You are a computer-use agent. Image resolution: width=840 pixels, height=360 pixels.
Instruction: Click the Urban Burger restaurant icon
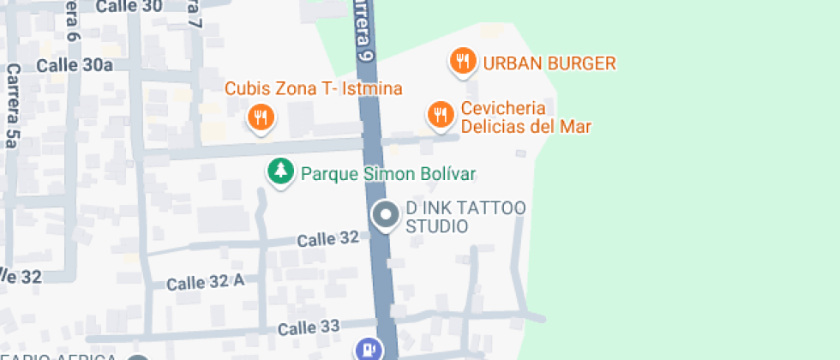463,61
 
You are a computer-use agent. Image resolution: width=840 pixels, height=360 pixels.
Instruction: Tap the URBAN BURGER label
549,63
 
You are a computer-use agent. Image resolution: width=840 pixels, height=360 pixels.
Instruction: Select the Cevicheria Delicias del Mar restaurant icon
441,114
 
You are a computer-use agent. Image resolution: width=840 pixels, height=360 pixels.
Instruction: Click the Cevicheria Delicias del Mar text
525,117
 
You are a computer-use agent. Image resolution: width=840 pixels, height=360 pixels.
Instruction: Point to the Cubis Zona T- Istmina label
314,89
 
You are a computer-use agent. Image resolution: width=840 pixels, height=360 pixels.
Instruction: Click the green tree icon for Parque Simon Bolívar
279,171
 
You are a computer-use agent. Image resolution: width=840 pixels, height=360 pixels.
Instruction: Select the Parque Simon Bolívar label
387,174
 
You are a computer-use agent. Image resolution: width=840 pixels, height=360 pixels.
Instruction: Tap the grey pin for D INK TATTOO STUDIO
386,214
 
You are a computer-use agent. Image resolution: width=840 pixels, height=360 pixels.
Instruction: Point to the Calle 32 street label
327,238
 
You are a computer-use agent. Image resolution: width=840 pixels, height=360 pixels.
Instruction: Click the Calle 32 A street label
206,282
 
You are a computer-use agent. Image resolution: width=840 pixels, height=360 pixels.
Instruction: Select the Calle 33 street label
309,327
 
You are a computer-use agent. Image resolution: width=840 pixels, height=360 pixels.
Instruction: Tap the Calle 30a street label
75,65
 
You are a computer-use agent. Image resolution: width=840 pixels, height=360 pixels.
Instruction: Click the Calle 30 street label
129,7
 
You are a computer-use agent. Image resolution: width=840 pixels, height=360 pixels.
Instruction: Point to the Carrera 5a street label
12,105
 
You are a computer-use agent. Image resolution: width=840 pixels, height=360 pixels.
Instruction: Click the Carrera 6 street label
71,24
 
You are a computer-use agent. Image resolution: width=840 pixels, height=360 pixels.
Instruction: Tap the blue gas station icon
368,349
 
